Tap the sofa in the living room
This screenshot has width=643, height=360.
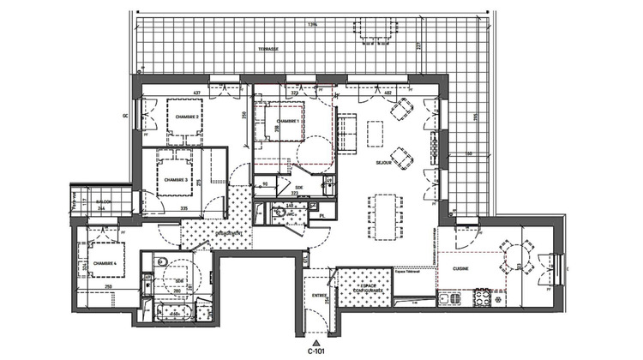[x=346, y=132]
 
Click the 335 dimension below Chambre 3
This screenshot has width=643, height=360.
[x=183, y=207]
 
